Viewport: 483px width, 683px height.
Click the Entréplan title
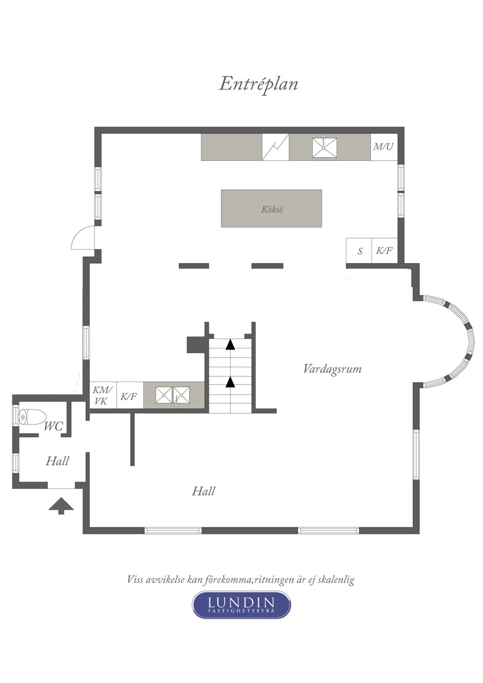click(258, 84)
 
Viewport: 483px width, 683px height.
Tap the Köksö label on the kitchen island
click(271, 210)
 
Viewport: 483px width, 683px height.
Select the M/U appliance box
click(384, 147)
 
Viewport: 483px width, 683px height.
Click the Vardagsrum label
click(332, 369)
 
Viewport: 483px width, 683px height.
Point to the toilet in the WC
click(32, 417)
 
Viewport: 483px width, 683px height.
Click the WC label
click(53, 426)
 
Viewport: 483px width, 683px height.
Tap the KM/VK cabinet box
click(103, 395)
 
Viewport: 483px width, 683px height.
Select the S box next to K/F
click(359, 250)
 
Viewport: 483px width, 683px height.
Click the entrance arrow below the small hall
click(61, 506)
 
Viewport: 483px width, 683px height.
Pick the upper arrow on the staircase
click(230, 344)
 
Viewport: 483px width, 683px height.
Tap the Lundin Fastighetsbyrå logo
click(242, 604)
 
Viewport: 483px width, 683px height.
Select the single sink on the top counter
click(324, 147)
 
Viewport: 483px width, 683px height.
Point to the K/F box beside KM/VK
click(130, 395)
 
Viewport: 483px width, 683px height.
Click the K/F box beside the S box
click(384, 250)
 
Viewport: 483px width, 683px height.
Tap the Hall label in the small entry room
click(58, 461)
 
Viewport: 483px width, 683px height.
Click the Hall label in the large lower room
click(203, 491)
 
